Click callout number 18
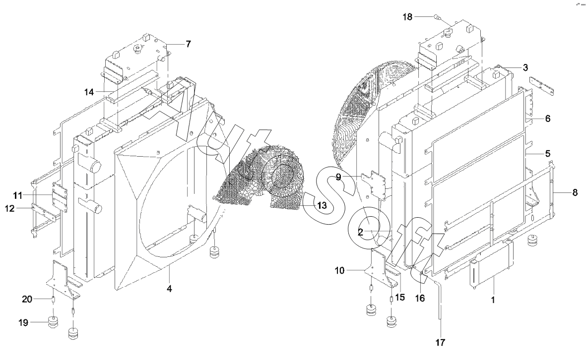(407, 16)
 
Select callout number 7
(188, 44)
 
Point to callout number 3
(525, 67)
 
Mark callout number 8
(575, 192)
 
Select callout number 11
(18, 196)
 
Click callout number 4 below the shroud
(169, 288)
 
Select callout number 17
(441, 342)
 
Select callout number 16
(420, 298)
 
